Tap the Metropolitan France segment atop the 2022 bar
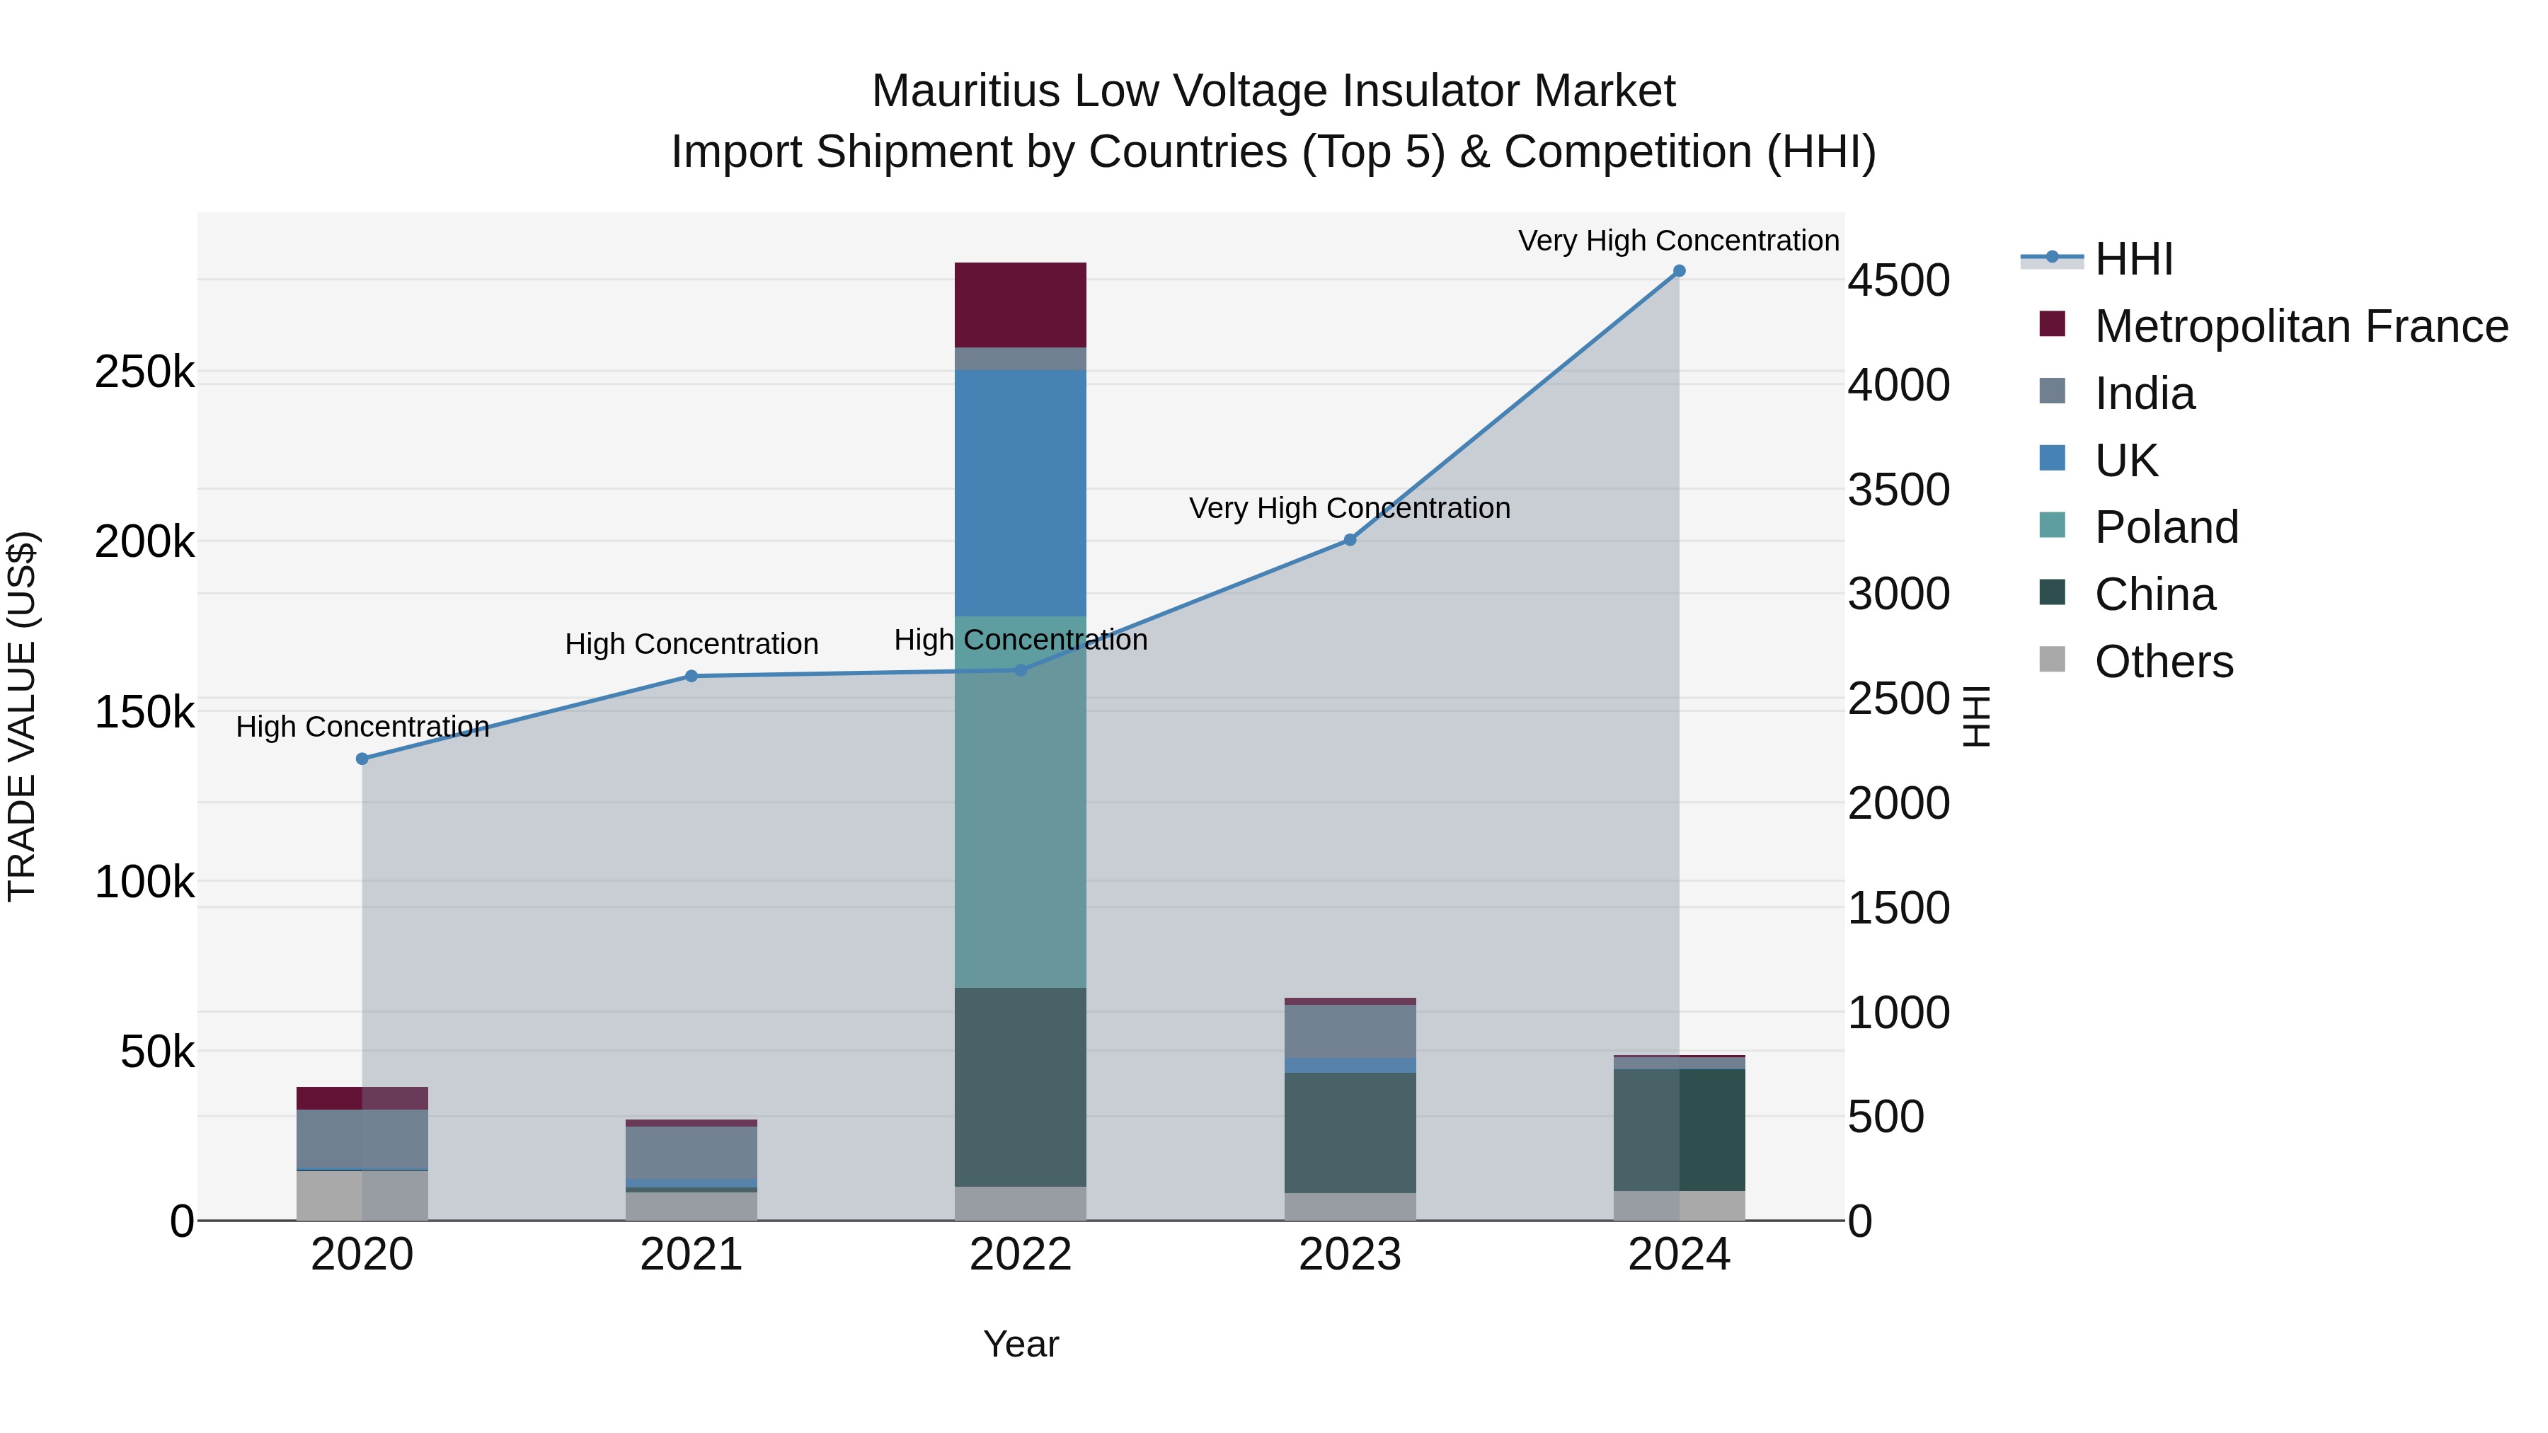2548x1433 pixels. pos(1020,304)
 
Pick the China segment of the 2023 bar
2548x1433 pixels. pos(1349,1132)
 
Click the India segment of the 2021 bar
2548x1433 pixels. pos(690,1152)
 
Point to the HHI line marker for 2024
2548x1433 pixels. pos(1679,271)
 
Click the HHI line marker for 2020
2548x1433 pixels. pos(362,759)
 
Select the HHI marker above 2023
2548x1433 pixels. pos(1349,540)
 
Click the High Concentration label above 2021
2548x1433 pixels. pos(690,644)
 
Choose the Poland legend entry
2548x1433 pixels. pos(2167,527)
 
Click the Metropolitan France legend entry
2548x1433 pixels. pos(2301,326)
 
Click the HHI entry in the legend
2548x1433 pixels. pos(2133,259)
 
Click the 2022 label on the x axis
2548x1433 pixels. pos(1020,1255)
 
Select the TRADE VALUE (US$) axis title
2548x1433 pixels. pos(22,716)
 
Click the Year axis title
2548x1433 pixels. pos(1020,1344)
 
